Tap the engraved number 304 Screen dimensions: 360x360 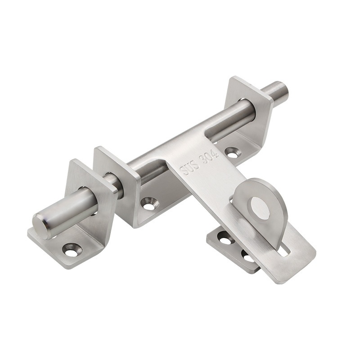click(x=210, y=157)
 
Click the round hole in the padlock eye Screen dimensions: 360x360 click(x=260, y=207)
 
